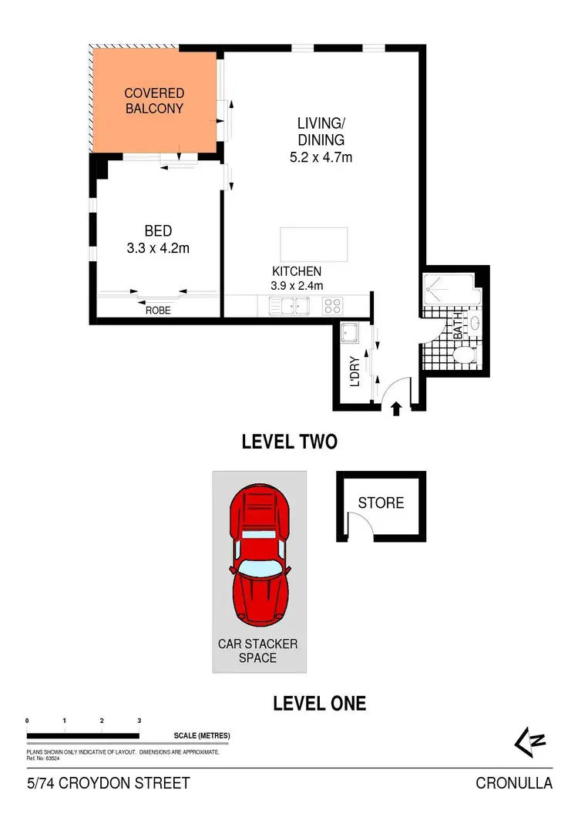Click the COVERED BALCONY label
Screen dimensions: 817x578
click(x=154, y=101)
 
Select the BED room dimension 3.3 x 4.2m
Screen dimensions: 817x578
click(x=157, y=248)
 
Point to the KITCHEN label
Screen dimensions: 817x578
click(x=297, y=271)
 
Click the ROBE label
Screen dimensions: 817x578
click(x=158, y=311)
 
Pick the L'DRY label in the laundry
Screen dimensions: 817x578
click(x=355, y=372)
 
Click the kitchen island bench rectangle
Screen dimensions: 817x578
click(x=314, y=244)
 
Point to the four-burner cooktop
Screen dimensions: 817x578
click(x=332, y=307)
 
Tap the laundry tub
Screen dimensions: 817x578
click(x=351, y=334)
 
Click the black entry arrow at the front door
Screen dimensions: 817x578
click(x=396, y=408)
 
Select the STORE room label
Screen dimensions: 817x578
click(x=381, y=503)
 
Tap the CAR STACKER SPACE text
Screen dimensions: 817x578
click(x=257, y=651)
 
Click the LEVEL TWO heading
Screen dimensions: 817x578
click(x=289, y=442)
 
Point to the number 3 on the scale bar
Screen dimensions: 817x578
click(x=139, y=720)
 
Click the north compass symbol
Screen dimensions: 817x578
click(x=530, y=741)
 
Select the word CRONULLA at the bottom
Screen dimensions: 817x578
click(x=514, y=784)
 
